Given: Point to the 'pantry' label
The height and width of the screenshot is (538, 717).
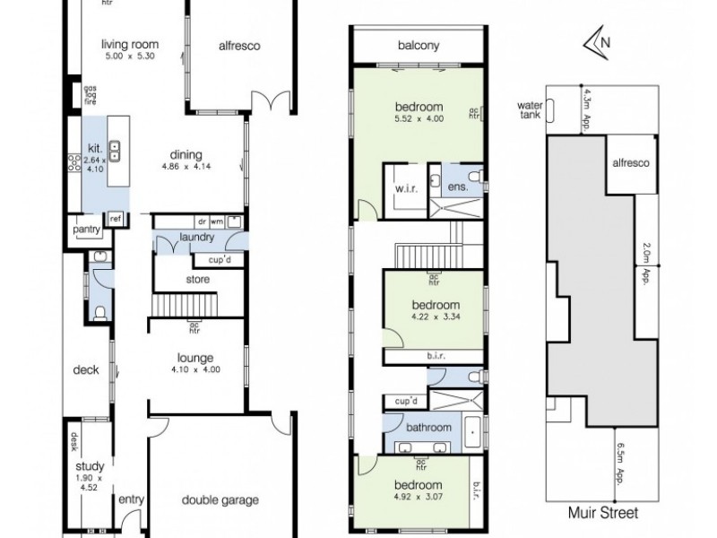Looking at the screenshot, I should (x=87, y=230).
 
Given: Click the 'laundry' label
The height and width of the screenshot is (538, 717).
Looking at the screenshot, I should (x=195, y=238).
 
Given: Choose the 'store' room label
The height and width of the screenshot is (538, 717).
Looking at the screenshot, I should (x=198, y=280).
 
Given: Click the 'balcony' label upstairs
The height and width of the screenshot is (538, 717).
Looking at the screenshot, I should (x=418, y=47).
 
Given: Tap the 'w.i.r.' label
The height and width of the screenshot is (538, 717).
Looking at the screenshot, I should (x=402, y=190).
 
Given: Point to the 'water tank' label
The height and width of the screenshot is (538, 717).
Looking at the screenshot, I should (x=530, y=108).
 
